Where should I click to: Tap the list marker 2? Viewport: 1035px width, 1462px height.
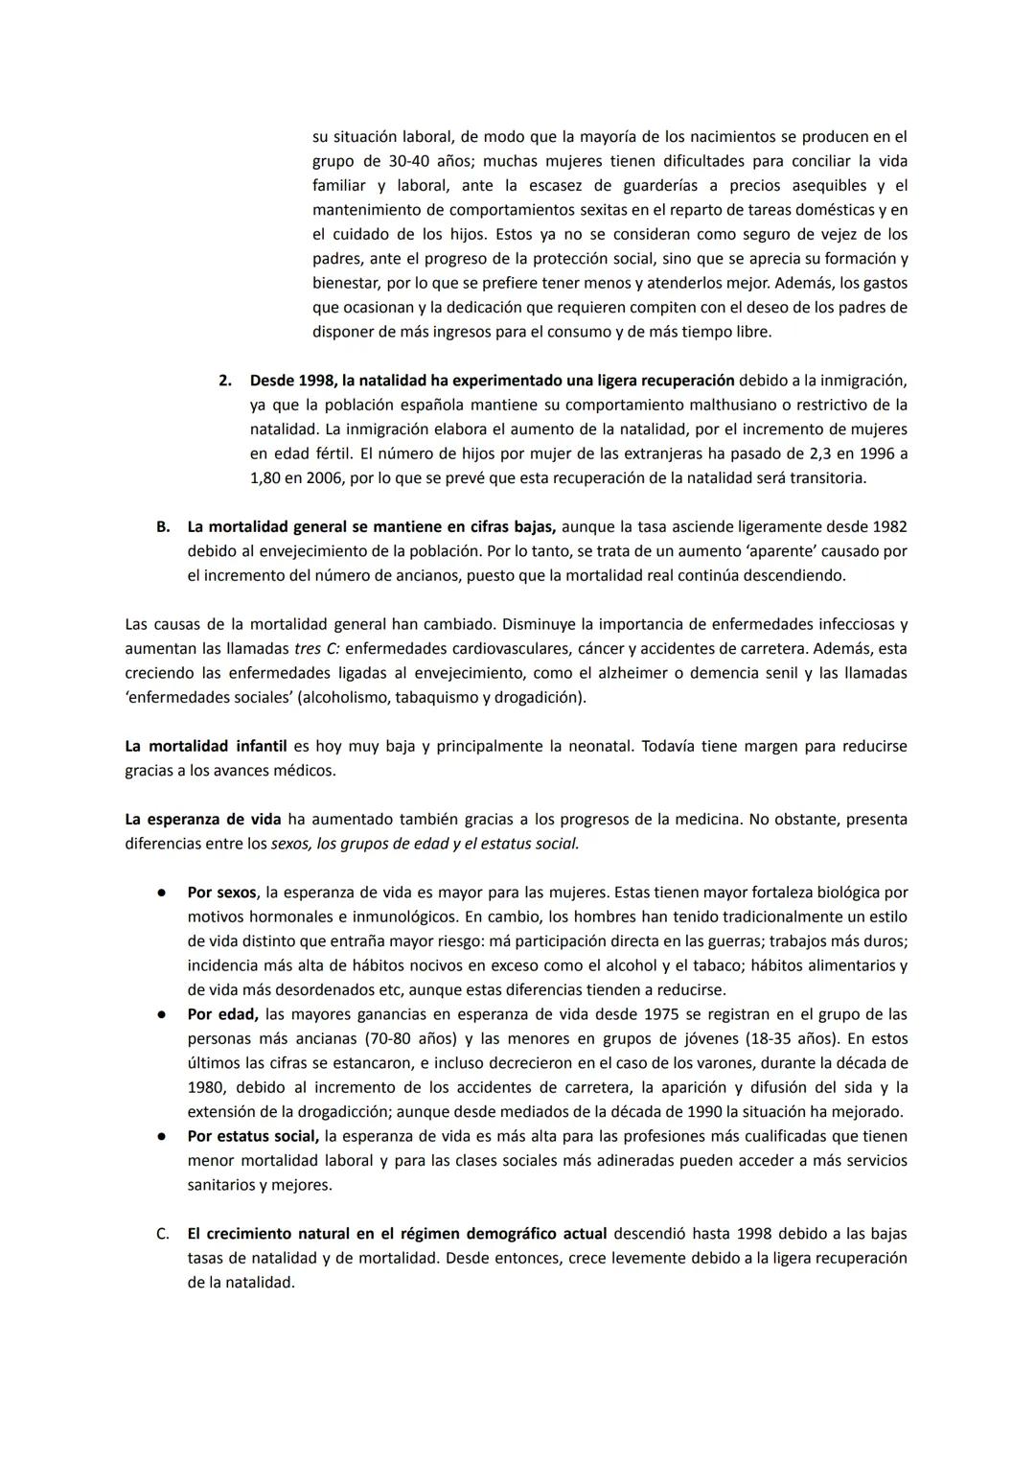[225, 381]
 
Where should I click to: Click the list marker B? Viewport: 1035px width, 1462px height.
[163, 526]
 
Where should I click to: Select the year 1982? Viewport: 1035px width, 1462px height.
[889, 526]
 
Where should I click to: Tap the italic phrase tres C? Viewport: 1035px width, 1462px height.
[316, 649]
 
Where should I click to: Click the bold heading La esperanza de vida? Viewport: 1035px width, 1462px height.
[203, 819]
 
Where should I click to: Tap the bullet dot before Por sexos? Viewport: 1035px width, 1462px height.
[163, 893]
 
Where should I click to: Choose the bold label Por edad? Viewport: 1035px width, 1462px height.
[222, 1014]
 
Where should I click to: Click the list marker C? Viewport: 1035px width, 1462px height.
[163, 1234]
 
